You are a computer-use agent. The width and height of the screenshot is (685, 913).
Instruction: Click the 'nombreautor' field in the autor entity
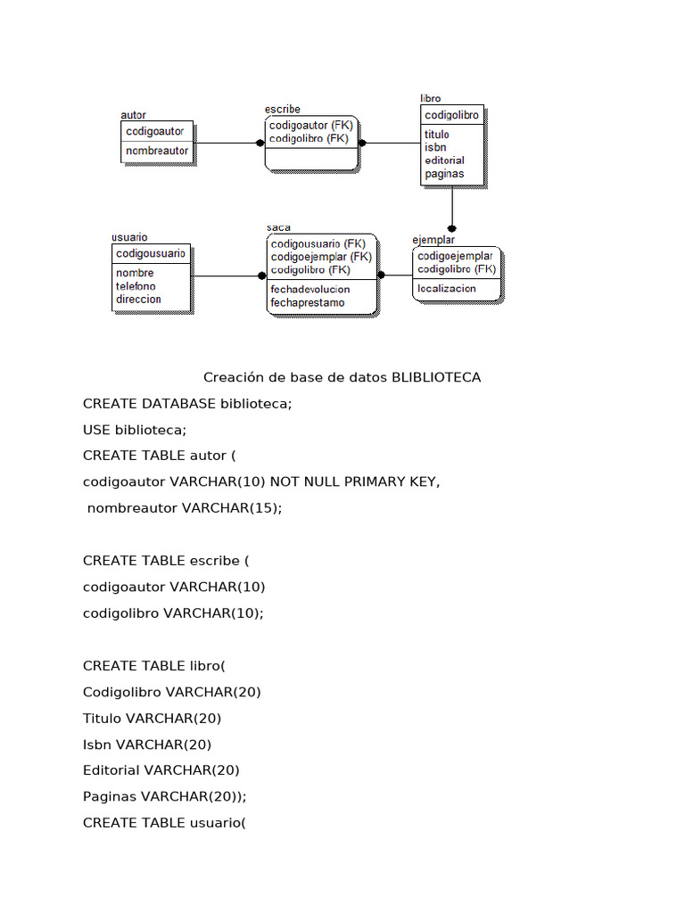157,152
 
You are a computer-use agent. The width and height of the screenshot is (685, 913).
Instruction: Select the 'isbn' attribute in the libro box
435,147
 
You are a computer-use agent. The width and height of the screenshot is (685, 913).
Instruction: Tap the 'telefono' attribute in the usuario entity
136,286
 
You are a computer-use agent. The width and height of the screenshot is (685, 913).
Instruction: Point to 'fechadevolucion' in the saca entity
309,289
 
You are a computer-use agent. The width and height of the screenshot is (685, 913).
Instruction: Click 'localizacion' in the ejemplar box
446,289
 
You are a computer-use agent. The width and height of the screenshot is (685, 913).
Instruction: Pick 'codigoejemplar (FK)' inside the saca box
321,256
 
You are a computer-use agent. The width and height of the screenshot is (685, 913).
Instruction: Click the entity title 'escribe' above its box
282,110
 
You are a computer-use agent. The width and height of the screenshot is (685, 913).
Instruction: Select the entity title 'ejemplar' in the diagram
433,240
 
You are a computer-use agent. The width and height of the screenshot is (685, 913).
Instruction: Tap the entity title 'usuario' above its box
129,237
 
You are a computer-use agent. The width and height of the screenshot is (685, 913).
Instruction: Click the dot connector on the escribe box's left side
260,143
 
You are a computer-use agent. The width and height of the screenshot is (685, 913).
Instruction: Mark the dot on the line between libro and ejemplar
452,228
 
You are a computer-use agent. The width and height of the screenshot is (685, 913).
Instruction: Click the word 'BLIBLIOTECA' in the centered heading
436,377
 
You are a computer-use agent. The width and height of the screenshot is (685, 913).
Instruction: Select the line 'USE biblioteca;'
135,430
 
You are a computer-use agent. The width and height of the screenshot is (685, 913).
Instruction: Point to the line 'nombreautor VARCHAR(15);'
184,508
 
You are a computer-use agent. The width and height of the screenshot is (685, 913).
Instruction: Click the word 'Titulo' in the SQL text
103,718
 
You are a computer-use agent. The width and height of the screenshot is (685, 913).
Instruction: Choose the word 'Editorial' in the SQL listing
111,770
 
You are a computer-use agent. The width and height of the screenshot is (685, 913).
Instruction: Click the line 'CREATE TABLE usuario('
164,823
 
